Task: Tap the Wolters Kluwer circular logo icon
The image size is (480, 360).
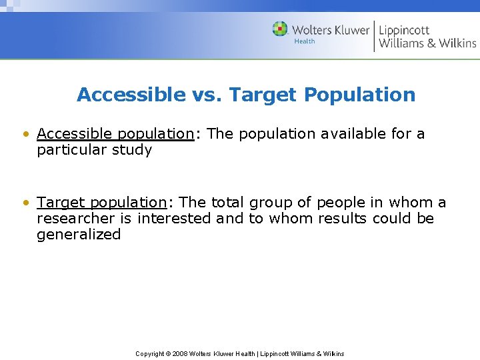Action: [280, 29]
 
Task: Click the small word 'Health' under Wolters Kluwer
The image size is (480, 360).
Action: [305, 41]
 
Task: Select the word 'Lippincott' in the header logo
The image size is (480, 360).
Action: [404, 29]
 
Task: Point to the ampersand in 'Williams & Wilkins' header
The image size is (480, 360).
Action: [432, 43]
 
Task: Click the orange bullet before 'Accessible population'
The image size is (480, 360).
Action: [25, 134]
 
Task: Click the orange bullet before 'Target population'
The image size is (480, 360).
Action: [25, 203]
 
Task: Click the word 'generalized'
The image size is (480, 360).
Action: [79, 235]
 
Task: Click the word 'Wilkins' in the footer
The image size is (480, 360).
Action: [333, 353]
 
